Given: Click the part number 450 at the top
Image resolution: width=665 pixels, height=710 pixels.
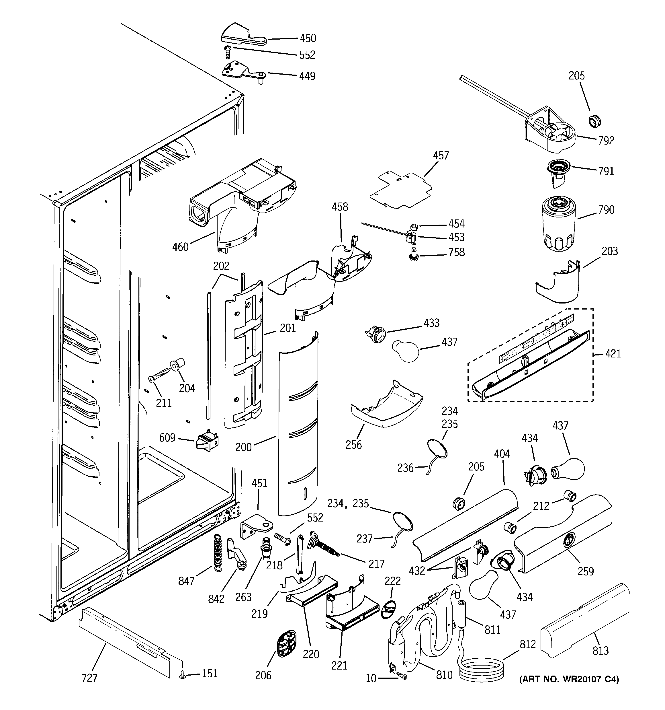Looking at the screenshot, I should pyautogui.click(x=308, y=38).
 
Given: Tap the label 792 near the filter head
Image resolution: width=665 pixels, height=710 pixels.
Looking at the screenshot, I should pyautogui.click(x=606, y=140).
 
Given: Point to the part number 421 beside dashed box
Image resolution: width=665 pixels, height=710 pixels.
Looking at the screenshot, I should pyautogui.click(x=613, y=354).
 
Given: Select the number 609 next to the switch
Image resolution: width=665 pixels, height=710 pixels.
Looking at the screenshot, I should pyautogui.click(x=167, y=437).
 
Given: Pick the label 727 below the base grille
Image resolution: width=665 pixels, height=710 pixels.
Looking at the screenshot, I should pyautogui.click(x=89, y=678).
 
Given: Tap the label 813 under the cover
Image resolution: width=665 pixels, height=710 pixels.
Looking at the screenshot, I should pyautogui.click(x=601, y=650).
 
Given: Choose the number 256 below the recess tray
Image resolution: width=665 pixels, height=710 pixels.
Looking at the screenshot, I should pyautogui.click(x=353, y=444).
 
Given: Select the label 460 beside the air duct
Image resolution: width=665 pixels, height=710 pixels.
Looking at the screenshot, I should pyautogui.click(x=180, y=246).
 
